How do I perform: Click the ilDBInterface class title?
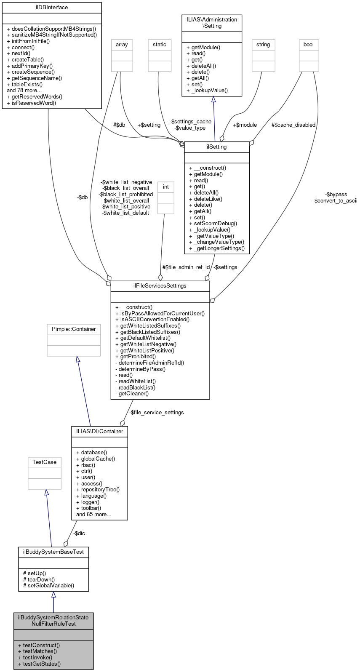click(52, 8)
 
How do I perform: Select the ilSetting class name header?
click(217, 147)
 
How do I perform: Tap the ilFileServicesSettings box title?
click(160, 286)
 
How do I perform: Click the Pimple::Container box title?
click(74, 329)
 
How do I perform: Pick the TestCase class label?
click(44, 462)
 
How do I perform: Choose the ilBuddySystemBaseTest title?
click(53, 552)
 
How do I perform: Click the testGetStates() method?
click(39, 664)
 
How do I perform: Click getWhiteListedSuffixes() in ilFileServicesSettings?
click(148, 326)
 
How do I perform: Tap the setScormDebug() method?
click(213, 224)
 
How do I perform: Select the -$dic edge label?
click(79, 533)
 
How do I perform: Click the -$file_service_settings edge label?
click(156, 413)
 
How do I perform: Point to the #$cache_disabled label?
click(293, 125)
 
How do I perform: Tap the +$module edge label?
click(245, 125)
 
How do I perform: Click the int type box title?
click(166, 187)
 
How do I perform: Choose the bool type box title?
click(309, 45)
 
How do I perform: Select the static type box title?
click(160, 45)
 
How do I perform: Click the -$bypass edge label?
click(336, 195)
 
